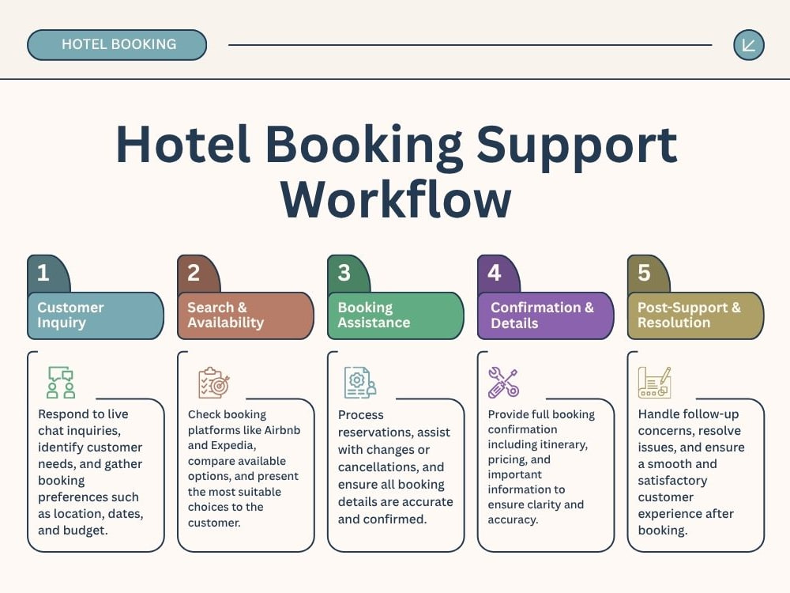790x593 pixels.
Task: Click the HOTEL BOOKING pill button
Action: [x=117, y=45]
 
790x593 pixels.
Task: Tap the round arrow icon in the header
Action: [x=749, y=45]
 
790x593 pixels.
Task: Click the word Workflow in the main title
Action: [x=396, y=200]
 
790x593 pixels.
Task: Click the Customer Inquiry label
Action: [x=70, y=315]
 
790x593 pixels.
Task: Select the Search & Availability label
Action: [x=225, y=315]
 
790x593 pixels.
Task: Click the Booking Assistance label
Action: [x=374, y=315]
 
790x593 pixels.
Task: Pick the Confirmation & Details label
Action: [x=542, y=315]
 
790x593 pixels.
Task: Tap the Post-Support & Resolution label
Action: [x=689, y=315]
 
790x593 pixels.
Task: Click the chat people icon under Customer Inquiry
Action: [x=61, y=382]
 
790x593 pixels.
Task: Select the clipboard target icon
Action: [x=213, y=383]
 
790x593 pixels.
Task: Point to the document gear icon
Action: [x=360, y=383]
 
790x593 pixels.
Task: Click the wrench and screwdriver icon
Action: [x=503, y=382]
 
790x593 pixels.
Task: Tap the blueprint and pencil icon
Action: [x=654, y=382]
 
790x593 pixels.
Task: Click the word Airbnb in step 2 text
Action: [x=282, y=430]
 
